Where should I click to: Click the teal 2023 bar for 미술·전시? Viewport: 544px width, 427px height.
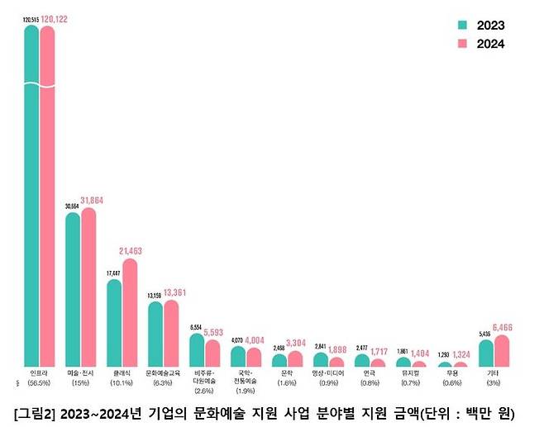pyautogui.click(x=73, y=289)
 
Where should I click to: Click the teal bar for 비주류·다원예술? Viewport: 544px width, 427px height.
pyautogui.click(x=197, y=350)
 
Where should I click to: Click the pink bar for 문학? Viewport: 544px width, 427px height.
pyautogui.click(x=295, y=358)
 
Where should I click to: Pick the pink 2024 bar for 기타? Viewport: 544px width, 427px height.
pyautogui.click(x=502, y=351)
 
